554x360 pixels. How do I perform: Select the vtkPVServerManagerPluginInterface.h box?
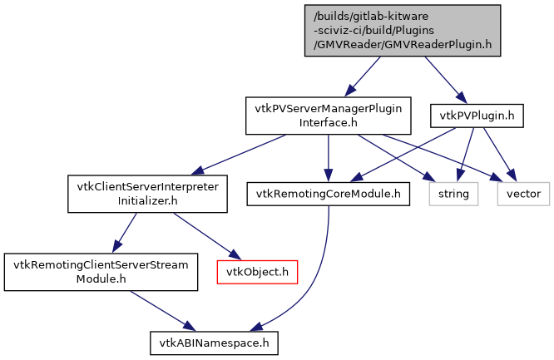(328, 116)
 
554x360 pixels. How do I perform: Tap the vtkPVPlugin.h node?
(476, 116)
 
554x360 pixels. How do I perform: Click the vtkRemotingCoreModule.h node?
(328, 194)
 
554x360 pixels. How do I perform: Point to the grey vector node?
(523, 194)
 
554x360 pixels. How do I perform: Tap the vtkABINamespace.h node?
(213, 342)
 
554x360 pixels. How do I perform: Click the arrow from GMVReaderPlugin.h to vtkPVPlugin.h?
(441, 78)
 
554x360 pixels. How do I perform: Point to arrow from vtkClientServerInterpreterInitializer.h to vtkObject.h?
(200, 236)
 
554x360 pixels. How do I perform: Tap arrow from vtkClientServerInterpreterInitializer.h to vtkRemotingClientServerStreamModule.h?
(126, 234)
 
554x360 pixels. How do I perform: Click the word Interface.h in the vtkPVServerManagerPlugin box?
(328, 123)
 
